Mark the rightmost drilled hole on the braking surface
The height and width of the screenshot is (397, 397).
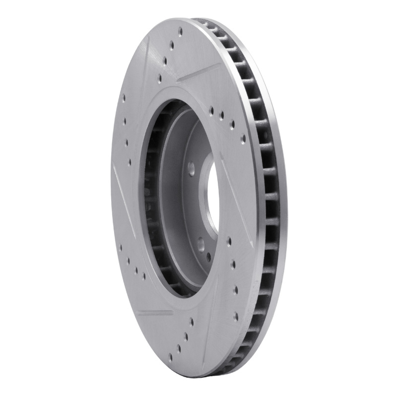coord(243,137)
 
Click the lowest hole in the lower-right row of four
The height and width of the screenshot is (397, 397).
coord(236,314)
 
